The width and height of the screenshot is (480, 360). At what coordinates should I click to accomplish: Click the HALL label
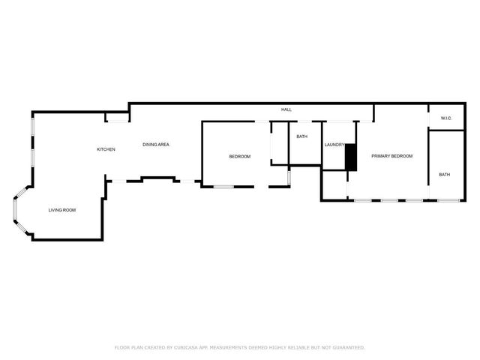(x=286, y=110)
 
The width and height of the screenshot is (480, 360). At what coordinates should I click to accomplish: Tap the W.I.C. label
(x=445, y=118)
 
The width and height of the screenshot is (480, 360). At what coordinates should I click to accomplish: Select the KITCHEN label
(x=106, y=149)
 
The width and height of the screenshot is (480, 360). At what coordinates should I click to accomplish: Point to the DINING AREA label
(x=156, y=144)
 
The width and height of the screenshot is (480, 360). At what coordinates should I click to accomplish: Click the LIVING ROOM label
(x=62, y=210)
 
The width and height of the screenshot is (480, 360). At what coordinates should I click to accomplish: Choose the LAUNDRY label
(x=334, y=144)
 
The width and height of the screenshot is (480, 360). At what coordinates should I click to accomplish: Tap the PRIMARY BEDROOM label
(x=392, y=156)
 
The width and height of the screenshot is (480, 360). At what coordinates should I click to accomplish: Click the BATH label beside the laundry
(x=301, y=136)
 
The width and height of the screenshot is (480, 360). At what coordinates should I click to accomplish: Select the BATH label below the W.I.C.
(x=445, y=175)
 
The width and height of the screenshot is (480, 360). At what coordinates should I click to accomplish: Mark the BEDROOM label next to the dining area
(x=239, y=156)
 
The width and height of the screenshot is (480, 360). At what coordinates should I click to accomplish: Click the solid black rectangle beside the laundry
(x=349, y=157)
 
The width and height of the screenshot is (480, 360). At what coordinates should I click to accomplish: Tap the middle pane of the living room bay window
(x=14, y=211)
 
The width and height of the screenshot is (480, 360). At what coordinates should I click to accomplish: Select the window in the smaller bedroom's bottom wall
(x=223, y=186)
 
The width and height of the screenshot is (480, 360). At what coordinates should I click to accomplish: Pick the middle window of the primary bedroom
(x=389, y=200)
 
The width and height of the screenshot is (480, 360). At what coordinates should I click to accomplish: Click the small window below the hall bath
(x=289, y=177)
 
